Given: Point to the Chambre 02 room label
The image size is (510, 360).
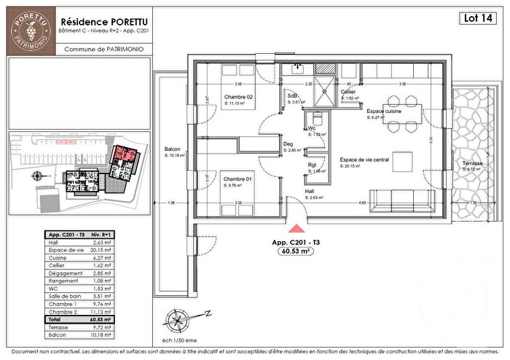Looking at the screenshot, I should pyautogui.click(x=238, y=98).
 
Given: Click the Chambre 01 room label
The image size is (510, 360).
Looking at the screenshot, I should pyautogui.click(x=238, y=179).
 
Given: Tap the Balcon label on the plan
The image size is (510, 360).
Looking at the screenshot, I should pyautogui.click(x=172, y=149).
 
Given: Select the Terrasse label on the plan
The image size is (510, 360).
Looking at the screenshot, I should pyautogui.click(x=471, y=163).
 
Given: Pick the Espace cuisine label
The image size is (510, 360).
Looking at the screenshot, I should pyautogui.click(x=385, y=111).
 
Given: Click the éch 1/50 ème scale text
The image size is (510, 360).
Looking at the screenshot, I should pyautogui.click(x=180, y=339).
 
